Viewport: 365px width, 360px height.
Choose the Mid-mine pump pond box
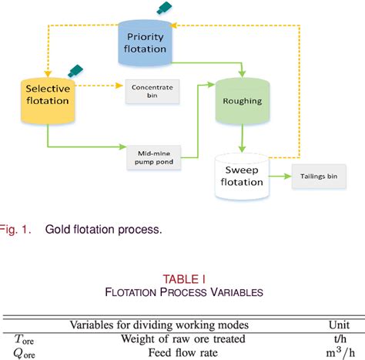pos(152,159)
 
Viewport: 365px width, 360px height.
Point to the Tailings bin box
pos(317,176)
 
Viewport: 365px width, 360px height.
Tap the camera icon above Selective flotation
pos(75,70)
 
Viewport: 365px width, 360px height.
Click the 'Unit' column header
pos(336,325)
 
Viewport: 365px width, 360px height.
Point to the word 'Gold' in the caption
pos(59,228)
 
